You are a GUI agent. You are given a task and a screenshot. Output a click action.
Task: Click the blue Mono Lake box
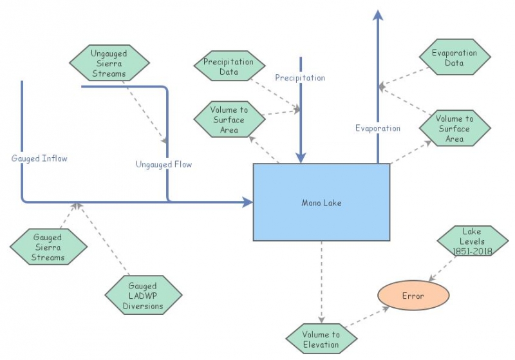pyautogui.click(x=321, y=202)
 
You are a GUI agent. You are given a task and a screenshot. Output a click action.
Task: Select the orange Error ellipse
pyautogui.click(x=413, y=296)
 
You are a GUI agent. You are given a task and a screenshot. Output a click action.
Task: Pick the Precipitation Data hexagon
pyautogui.click(x=229, y=67)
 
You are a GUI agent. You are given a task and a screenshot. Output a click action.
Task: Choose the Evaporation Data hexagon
pyautogui.click(x=454, y=58)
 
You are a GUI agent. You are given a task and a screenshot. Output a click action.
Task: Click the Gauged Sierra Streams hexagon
pyautogui.click(x=49, y=247)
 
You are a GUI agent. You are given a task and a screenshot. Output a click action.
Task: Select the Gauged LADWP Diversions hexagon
pyautogui.click(x=143, y=295)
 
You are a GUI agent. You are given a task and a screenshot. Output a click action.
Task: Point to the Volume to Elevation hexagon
pyautogui.click(x=321, y=339)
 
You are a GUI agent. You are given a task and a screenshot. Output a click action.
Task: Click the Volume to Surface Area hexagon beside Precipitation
pyautogui.click(x=229, y=120)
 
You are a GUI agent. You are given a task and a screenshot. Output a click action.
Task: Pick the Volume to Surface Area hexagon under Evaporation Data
pyautogui.click(x=454, y=129)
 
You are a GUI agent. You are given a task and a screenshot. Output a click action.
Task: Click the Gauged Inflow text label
pyautogui.click(x=39, y=158)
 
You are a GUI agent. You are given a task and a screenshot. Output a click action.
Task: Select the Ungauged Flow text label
pyautogui.click(x=164, y=164)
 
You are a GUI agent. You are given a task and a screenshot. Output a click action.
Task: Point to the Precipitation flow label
pyautogui.click(x=300, y=78)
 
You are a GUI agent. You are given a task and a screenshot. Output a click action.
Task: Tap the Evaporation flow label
pyautogui.click(x=378, y=128)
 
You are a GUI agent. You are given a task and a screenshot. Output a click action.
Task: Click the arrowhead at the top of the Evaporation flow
pyautogui.click(x=378, y=15)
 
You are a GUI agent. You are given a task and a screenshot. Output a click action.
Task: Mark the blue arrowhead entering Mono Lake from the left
pyautogui.click(x=247, y=202)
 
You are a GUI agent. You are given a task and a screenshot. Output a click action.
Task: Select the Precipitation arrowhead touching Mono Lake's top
pyautogui.click(x=300, y=158)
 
